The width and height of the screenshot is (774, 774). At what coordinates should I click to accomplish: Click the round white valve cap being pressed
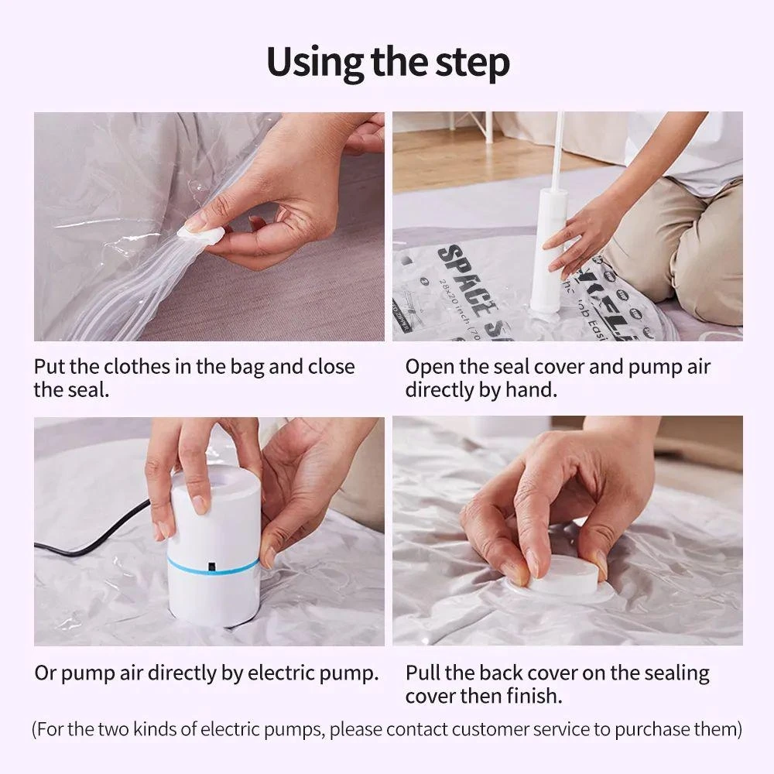(x=567, y=577)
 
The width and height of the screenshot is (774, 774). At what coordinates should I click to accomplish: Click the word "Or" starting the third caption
(x=46, y=673)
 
